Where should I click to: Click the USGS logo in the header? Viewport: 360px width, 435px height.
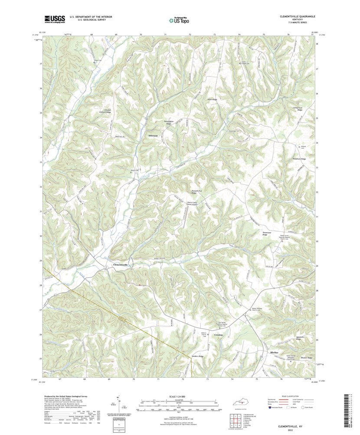pyautogui.click(x=54, y=19)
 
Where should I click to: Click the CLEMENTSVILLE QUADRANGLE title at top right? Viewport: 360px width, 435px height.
pyautogui.click(x=295, y=16)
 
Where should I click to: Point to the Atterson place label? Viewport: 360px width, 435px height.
pyautogui.click(x=153, y=136)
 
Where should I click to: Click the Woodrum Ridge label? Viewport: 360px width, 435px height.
pyautogui.click(x=299, y=159)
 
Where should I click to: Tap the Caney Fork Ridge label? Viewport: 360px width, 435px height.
pyautogui.click(x=297, y=109)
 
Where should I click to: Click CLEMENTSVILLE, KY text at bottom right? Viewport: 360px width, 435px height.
pyautogui.click(x=294, y=427)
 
